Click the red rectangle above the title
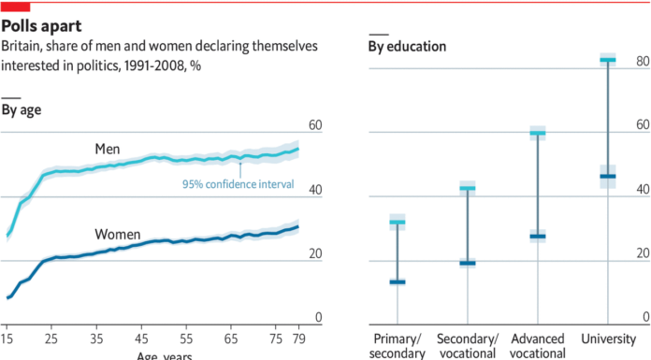[15, 7]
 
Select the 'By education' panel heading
[407, 46]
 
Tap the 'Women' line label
[118, 234]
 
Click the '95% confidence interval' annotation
[238, 185]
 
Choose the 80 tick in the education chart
[642, 62]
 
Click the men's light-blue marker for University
[607, 60]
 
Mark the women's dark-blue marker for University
[607, 176]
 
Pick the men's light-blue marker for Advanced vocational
[537, 133]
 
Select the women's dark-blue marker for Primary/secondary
[397, 281]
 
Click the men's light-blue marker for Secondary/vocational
[467, 188]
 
